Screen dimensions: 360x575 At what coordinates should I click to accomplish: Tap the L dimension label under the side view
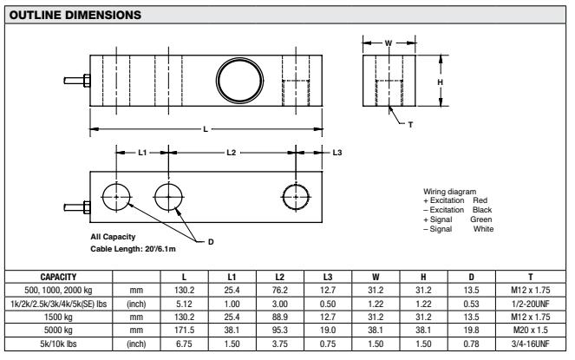point(206,129)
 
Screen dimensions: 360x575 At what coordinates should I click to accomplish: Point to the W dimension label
point(388,42)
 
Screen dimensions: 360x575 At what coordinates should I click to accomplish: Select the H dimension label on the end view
point(440,81)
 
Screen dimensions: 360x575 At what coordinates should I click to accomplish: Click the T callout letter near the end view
point(410,124)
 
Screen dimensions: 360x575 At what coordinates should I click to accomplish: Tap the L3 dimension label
point(338,153)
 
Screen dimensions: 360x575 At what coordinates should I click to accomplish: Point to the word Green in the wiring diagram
point(480,219)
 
